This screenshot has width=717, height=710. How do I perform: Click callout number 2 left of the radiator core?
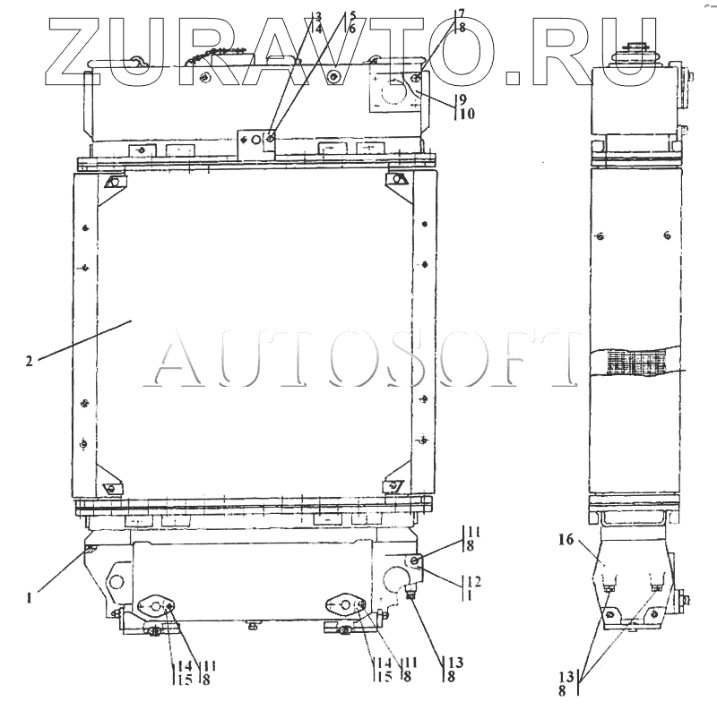(x=30, y=362)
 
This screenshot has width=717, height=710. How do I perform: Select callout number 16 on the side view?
(x=566, y=540)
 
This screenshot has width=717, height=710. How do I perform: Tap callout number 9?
(x=463, y=99)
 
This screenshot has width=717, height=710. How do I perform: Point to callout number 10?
(x=467, y=114)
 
